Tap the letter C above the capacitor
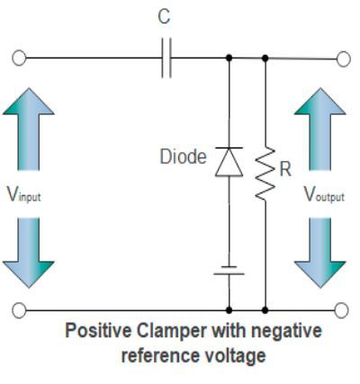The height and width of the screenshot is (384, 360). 162,17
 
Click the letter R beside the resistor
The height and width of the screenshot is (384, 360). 285,169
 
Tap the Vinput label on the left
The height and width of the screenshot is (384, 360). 22,195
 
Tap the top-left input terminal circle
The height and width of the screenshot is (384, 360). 19,58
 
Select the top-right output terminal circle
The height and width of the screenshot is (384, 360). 343,58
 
